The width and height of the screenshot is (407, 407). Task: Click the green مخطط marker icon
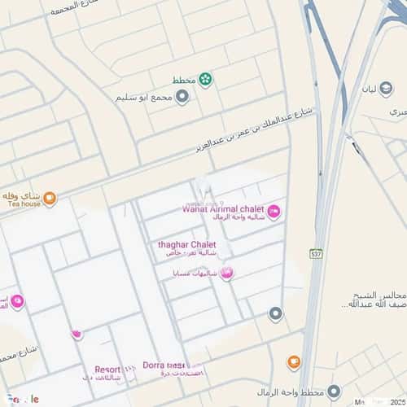point(205,80)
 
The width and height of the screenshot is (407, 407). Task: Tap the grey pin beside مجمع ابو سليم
point(182,97)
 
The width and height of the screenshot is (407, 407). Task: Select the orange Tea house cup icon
point(50,198)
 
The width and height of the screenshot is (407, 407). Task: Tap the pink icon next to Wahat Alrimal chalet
point(274,212)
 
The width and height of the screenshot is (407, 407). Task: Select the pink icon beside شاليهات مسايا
point(227,274)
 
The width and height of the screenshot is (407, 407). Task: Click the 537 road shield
point(316,254)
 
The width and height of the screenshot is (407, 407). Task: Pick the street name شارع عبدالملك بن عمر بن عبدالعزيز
point(257,130)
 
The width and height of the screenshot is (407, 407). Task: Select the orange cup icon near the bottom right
point(294,362)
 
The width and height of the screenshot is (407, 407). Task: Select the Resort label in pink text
point(107,369)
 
